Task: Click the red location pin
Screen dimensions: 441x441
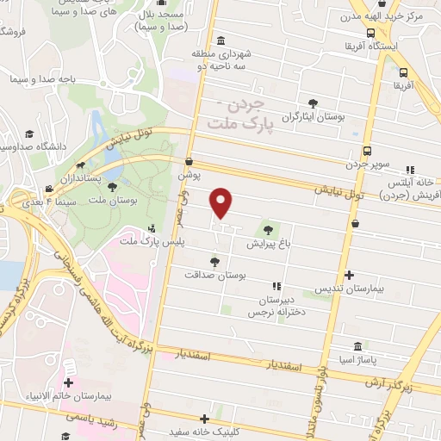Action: coord(222,203)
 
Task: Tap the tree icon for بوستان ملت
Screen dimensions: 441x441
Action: coord(112,187)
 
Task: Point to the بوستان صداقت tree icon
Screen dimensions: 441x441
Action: coord(214,261)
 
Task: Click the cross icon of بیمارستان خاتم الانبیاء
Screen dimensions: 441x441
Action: coord(68,382)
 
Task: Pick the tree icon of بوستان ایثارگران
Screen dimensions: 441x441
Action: coord(312,104)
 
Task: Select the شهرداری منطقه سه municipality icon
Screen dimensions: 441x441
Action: coord(222,40)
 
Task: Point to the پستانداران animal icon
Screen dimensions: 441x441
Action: coord(80,165)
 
